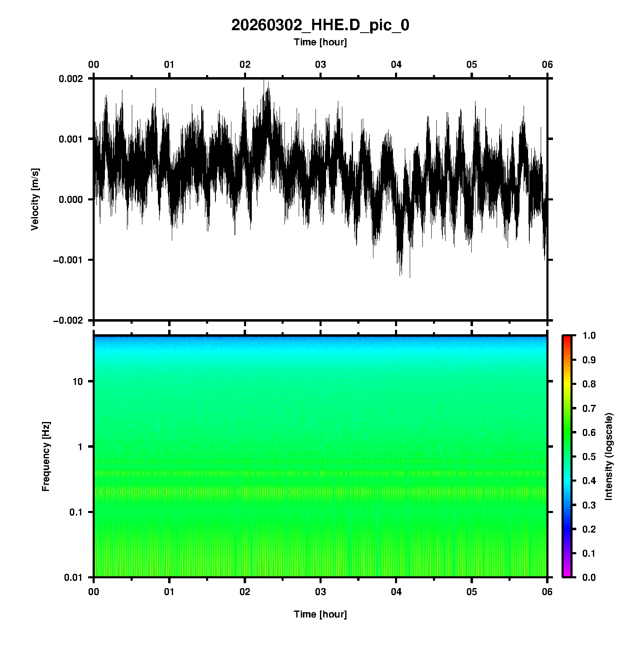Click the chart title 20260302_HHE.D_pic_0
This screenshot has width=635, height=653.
(320, 25)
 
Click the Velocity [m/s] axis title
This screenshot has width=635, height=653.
(35, 199)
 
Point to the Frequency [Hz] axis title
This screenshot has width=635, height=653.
(46, 456)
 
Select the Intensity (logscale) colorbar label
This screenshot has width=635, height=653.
(609, 456)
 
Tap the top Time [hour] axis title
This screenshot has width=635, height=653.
(320, 42)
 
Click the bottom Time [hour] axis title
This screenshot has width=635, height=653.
(320, 614)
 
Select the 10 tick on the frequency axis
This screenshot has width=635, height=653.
(78, 382)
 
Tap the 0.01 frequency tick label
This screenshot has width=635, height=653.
(73, 577)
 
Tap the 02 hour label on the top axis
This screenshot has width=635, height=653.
(245, 64)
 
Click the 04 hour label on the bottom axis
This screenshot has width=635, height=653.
(396, 592)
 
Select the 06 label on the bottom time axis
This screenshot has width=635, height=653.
(547, 592)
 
